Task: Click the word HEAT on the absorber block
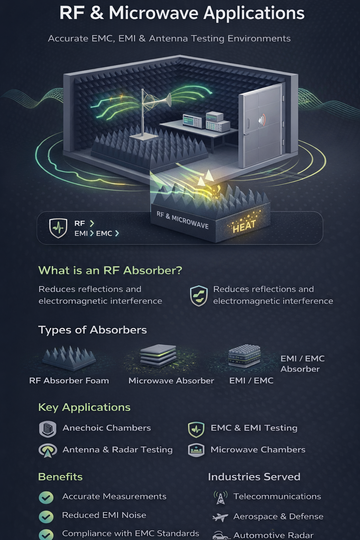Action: (244, 226)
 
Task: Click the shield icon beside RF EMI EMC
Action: (58, 228)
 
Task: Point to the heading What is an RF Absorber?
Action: (110, 270)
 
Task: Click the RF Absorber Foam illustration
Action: (69, 358)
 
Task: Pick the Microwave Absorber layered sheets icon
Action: (158, 356)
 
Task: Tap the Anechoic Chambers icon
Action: (48, 429)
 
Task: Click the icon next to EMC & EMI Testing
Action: (196, 429)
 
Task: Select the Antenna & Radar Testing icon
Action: (48, 450)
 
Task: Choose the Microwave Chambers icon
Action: (196, 450)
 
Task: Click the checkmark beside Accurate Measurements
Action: (46, 497)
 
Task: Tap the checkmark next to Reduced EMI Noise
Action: (46, 516)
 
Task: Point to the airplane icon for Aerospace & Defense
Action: (220, 517)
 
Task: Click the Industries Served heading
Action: (254, 477)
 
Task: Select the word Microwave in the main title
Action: (153, 13)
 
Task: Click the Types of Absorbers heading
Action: (92, 330)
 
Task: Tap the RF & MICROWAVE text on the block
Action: (182, 220)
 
